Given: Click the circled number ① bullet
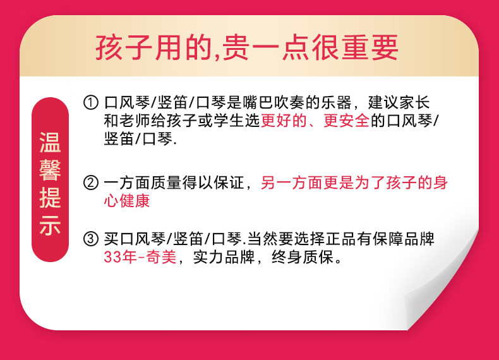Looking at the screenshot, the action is (91, 103).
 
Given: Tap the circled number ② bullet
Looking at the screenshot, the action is (91, 183).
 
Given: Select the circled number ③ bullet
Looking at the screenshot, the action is (91, 239).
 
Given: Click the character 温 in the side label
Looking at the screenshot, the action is (50, 142).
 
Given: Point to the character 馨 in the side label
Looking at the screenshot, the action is (50, 171).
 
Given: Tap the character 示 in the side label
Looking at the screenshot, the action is (50, 225).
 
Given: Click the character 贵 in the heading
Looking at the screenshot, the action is (236, 47).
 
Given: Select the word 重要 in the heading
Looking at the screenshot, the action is (370, 47).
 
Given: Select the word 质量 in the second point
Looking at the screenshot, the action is (165, 183).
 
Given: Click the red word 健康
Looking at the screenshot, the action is (135, 201).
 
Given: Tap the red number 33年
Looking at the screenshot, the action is (120, 257).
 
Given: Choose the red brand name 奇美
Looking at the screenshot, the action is (161, 257).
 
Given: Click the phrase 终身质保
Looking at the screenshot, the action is (303, 257).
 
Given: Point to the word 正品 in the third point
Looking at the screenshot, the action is (340, 239).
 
